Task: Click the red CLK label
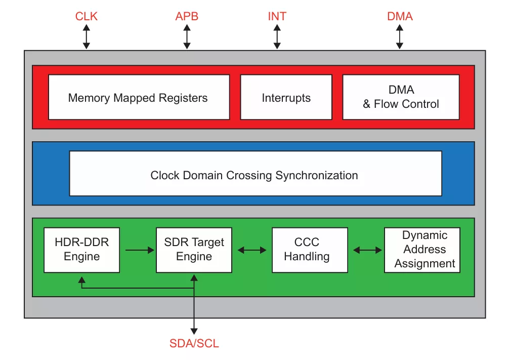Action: pyautogui.click(x=87, y=16)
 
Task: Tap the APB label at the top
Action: pyautogui.click(x=187, y=16)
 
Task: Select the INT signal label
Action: pyautogui.click(x=277, y=16)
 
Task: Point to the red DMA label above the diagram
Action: pyautogui.click(x=400, y=16)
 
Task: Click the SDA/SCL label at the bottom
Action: pyautogui.click(x=194, y=343)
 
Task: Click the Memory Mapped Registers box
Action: pyautogui.click(x=139, y=98)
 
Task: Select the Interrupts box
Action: pyautogui.click(x=286, y=98)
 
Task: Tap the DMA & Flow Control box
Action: pyautogui.click(x=401, y=98)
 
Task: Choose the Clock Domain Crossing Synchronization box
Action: pyautogui.click(x=256, y=174)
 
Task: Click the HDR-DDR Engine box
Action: pyautogui.click(x=82, y=250)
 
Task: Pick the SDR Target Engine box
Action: pyautogui.click(x=194, y=250)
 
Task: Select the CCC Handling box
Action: pyautogui.click(x=310, y=250)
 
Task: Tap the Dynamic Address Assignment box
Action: pyautogui.click(x=422, y=250)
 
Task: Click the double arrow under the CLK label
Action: pyautogui.click(x=87, y=37)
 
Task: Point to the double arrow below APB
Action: pyautogui.click(x=187, y=37)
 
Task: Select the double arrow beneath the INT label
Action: pyautogui.click(x=277, y=37)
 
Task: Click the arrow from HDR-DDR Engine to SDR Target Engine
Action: pyautogui.click(x=140, y=250)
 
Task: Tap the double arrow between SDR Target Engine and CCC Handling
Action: pyautogui.click(x=252, y=250)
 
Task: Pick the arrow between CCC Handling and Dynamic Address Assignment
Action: pyautogui.click(x=367, y=250)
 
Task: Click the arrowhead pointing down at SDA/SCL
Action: pyautogui.click(x=194, y=331)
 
